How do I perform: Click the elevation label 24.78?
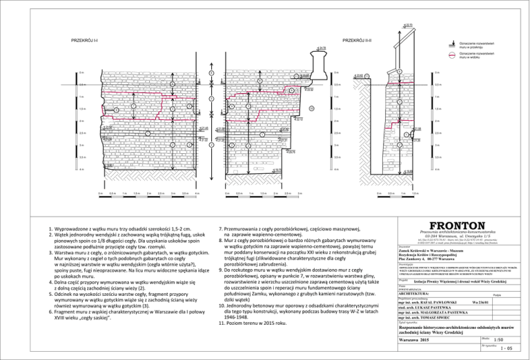pos(321,48)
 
